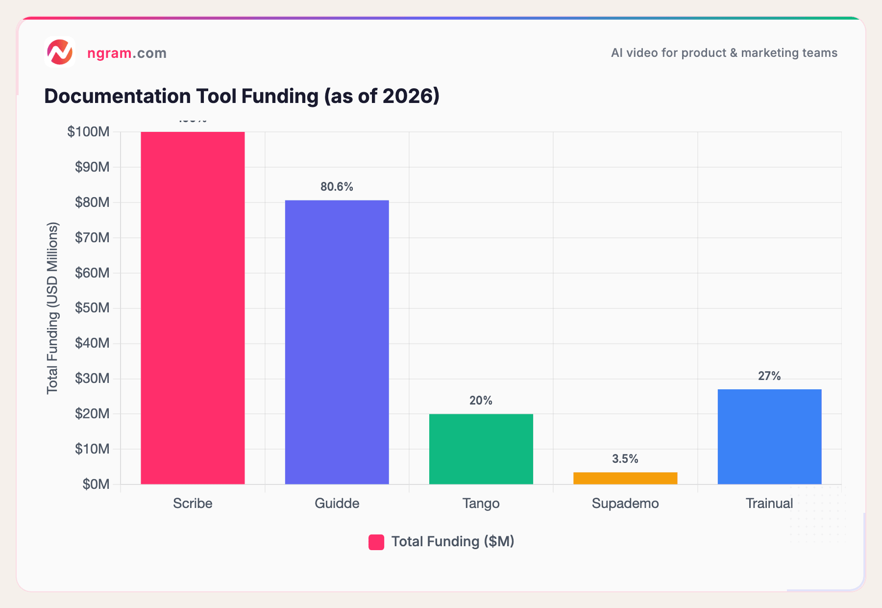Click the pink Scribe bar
(193, 308)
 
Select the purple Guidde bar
(337, 342)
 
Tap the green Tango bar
(481, 449)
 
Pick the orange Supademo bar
(625, 478)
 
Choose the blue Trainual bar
(769, 437)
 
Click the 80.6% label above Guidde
(337, 187)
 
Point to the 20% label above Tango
(481, 401)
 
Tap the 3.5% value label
(625, 459)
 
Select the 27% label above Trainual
(769, 376)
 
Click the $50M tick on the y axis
(92, 308)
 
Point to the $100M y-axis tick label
(89, 132)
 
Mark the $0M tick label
(96, 484)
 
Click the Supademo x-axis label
(625, 504)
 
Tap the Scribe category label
(193, 504)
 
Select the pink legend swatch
(376, 542)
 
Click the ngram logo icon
(60, 52)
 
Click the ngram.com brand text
(127, 53)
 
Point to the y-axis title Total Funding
(52, 308)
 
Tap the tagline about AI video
(724, 53)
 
